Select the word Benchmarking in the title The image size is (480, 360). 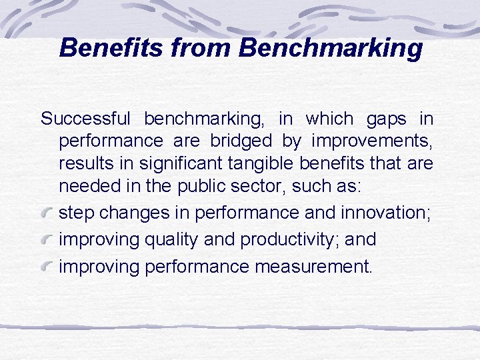click(330, 48)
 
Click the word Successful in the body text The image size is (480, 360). click(85, 119)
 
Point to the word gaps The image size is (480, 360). click(387, 119)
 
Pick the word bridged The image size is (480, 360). click(241, 141)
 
